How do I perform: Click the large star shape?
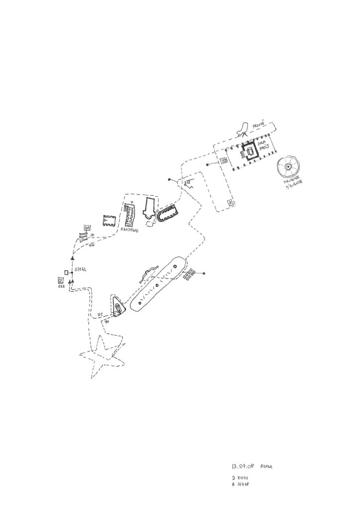102,356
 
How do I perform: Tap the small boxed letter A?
230,202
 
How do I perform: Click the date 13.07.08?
243,467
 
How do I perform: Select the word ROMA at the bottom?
267,467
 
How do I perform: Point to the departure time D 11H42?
240,477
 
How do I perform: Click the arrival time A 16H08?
241,484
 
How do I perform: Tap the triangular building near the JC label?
118,305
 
